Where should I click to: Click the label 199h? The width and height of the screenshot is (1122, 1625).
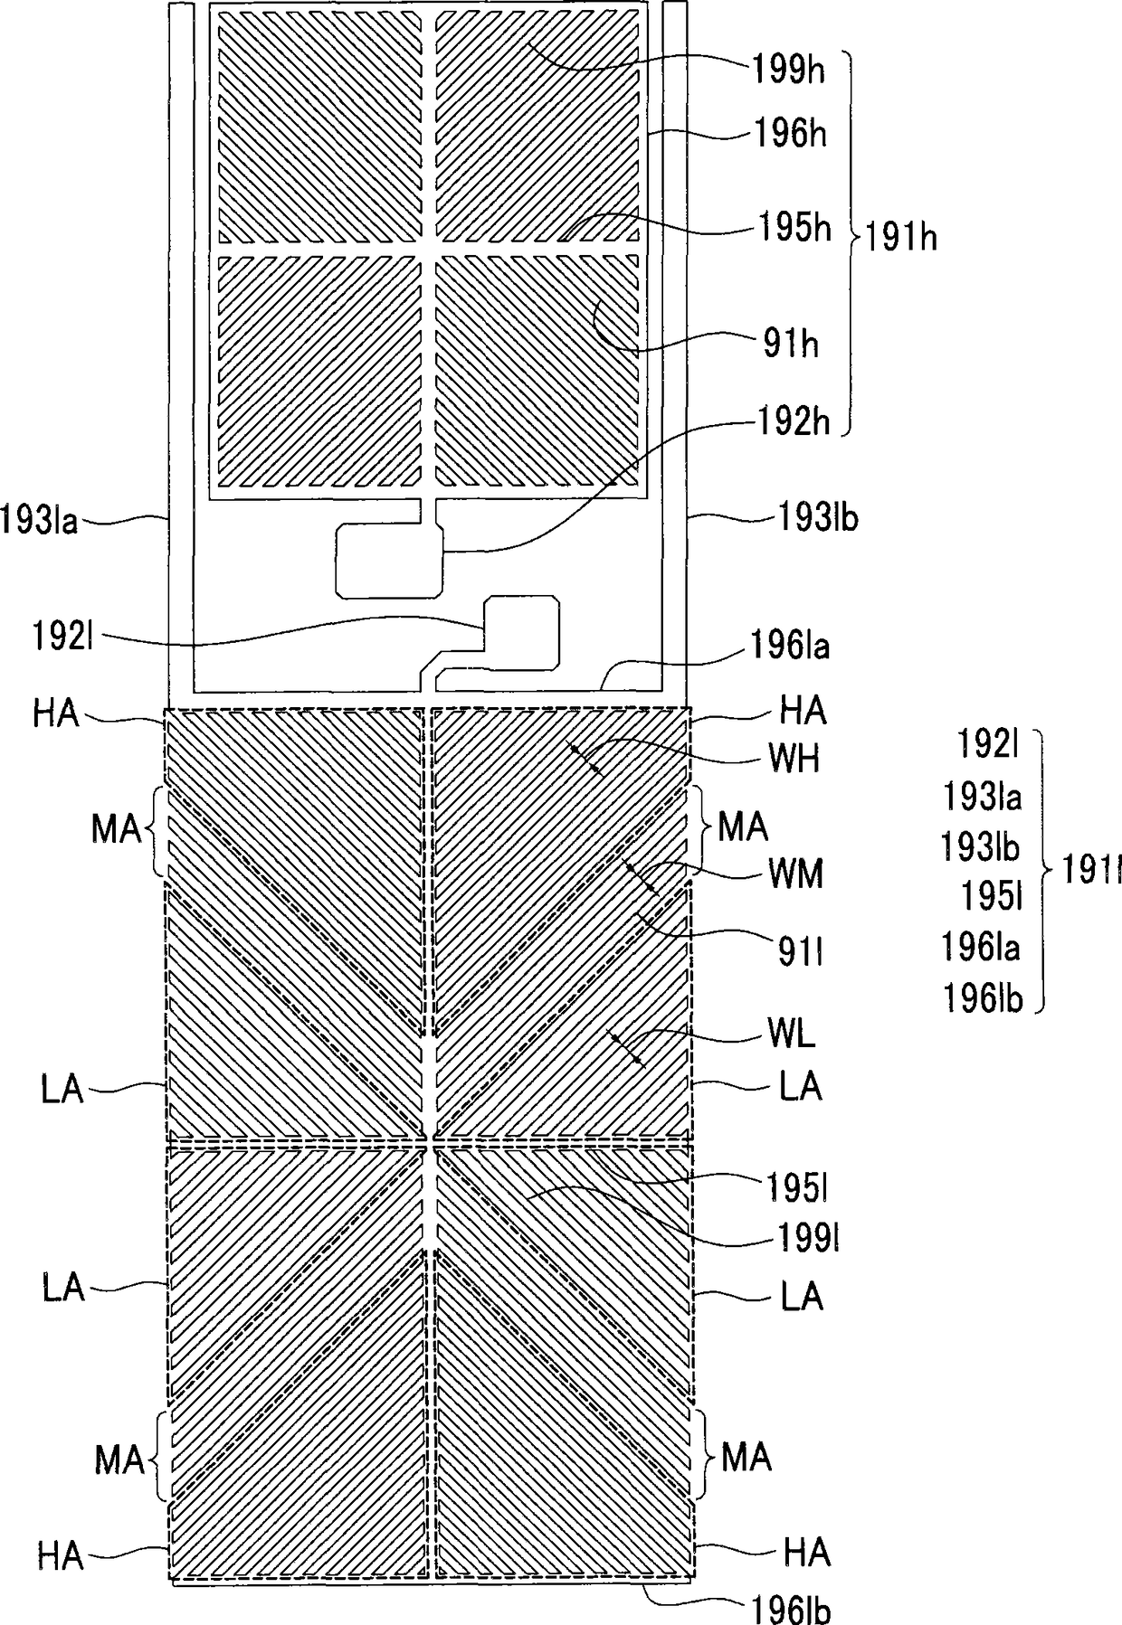click(788, 71)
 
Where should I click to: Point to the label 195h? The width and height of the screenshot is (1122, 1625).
click(793, 228)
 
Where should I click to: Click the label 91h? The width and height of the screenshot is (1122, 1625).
click(790, 344)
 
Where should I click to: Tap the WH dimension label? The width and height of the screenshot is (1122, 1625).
click(794, 759)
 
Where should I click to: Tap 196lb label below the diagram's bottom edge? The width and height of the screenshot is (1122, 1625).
click(790, 1609)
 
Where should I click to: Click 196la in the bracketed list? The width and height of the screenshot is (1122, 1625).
click(982, 948)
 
